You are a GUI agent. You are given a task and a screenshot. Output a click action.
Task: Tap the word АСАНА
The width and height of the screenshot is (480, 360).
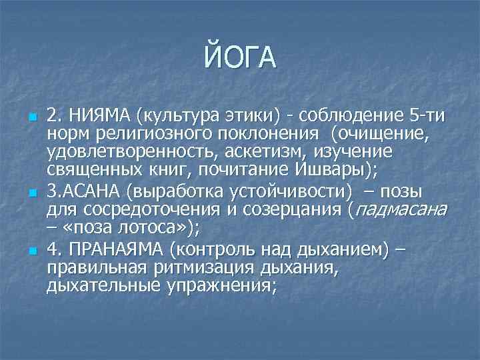93,192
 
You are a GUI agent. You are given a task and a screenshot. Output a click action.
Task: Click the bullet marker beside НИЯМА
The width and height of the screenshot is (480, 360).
31,117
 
